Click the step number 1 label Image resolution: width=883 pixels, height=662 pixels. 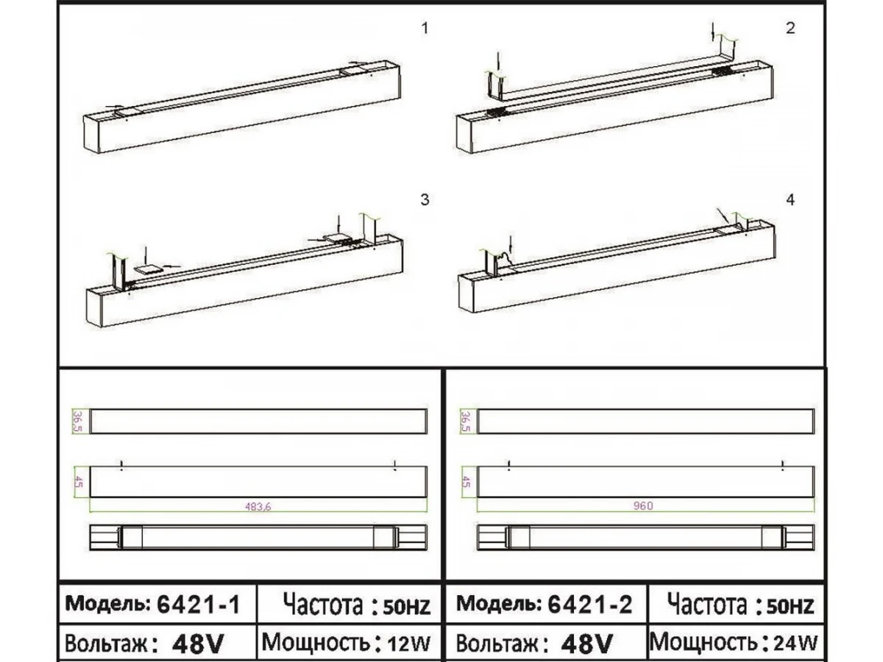(425, 29)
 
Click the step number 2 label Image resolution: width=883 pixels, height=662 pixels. (790, 29)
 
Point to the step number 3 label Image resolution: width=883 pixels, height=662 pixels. (425, 200)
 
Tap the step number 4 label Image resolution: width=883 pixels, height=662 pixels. (790, 200)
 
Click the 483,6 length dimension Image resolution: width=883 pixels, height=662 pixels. (258, 507)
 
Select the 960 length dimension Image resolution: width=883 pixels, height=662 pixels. (643, 505)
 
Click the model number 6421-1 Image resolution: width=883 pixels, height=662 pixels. (199, 604)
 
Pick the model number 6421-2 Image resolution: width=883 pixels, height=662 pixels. (589, 604)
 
